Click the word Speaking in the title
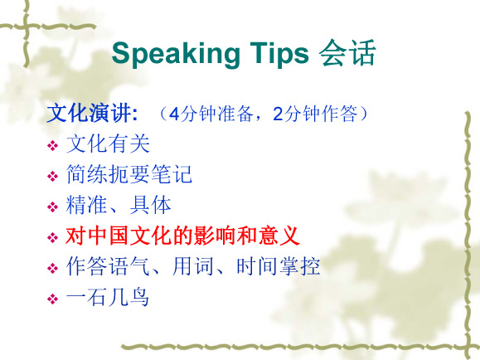pos(176,54)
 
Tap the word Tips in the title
pos(279,54)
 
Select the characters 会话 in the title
pos(347,53)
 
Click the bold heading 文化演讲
pos(92,114)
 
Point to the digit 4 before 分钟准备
pos(174,114)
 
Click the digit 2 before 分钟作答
pos(278,114)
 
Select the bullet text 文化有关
pos(108,144)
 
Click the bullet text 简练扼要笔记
pos(128,174)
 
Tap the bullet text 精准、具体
pos(119,205)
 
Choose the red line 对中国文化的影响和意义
pos(182,236)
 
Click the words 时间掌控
pos(279,266)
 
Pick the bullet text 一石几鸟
pos(108,297)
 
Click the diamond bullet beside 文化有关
pos(53,145)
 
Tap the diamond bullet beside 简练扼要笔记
pos(53,176)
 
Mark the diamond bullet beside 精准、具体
pos(53,207)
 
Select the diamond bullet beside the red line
pos(53,237)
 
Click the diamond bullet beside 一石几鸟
pos(53,299)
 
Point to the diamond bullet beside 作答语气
pos(53,269)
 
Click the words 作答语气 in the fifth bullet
pos(108,266)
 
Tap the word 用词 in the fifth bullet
pos(193,266)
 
